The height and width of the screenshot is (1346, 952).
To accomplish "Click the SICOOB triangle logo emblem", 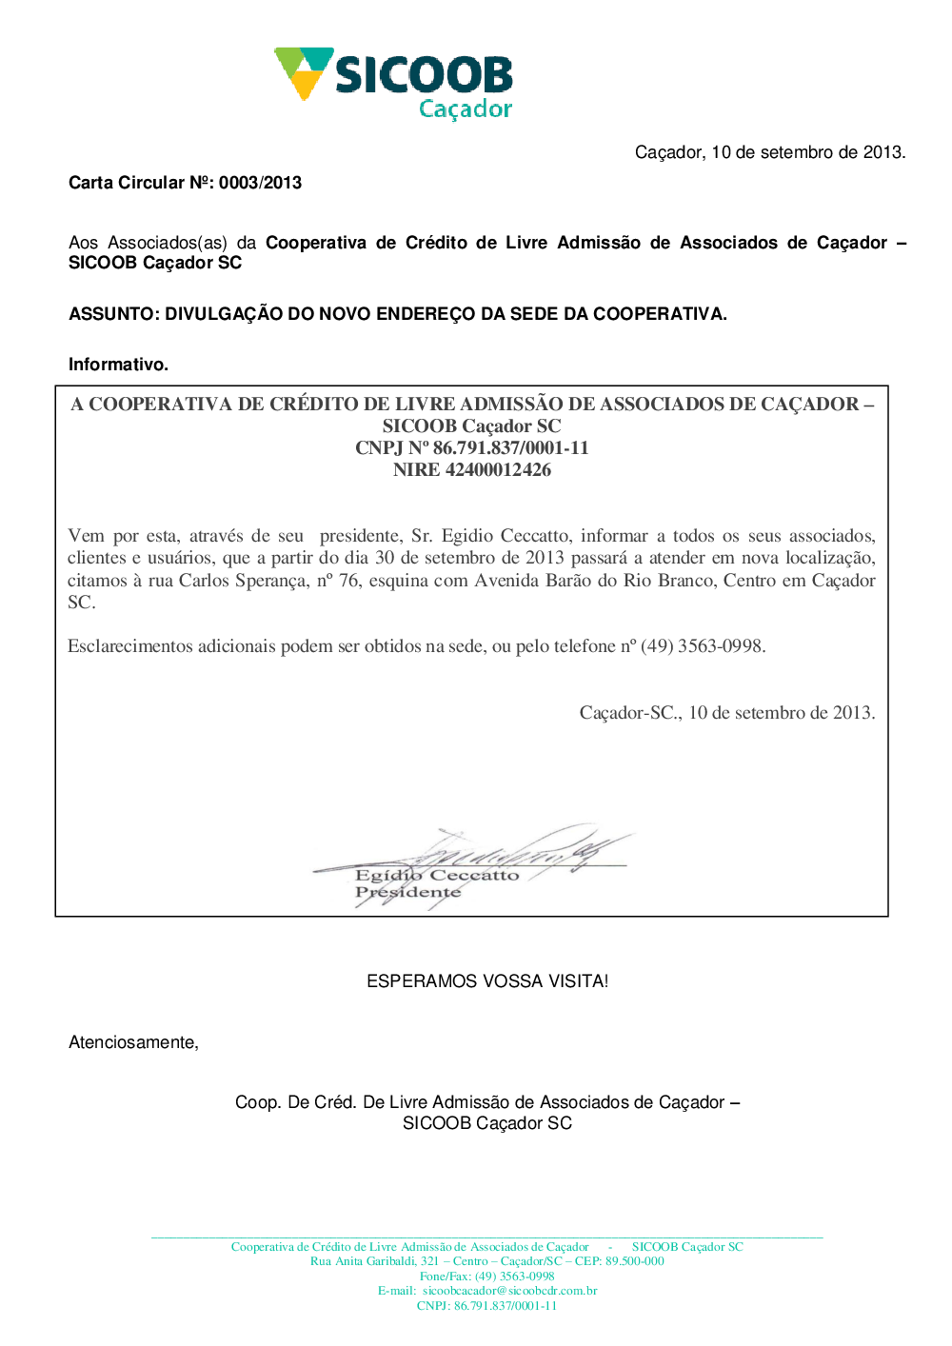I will (304, 71).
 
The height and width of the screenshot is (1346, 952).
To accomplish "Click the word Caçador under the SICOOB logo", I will (466, 109).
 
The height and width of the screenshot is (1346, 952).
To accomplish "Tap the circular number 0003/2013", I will (260, 183).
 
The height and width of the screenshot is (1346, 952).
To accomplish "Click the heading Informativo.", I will (118, 365).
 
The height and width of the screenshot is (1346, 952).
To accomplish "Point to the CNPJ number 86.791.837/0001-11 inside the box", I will (511, 448).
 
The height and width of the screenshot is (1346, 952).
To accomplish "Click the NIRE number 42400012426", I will (498, 470).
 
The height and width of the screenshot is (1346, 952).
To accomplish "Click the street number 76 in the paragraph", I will (349, 581).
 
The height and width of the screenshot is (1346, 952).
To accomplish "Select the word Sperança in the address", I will (271, 581).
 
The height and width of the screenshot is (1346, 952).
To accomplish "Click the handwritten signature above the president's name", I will (514, 847).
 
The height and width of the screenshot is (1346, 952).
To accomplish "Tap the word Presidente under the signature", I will (407, 893).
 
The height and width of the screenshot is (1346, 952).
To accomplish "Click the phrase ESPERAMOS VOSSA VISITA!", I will (487, 981).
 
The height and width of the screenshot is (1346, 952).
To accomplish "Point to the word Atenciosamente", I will (133, 1042).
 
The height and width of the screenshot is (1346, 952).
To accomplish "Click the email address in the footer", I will (510, 1291).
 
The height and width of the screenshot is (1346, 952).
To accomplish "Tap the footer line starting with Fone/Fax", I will (486, 1277).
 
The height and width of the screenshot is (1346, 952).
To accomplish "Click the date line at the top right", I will (770, 152).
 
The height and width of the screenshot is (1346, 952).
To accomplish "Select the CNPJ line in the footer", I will (486, 1306).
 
